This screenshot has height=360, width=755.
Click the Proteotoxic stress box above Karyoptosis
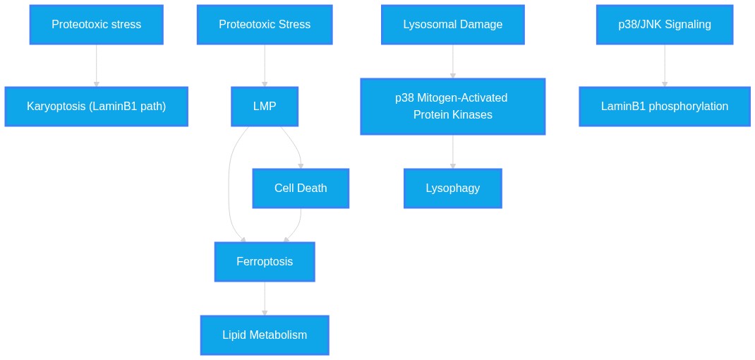click(96, 25)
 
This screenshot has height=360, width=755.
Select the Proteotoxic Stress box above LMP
click(265, 25)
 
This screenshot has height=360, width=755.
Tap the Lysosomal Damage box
click(452, 25)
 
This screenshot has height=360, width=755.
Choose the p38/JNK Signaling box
click(665, 25)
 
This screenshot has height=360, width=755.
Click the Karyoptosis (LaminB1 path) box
click(96, 107)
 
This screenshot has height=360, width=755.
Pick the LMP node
click(265, 107)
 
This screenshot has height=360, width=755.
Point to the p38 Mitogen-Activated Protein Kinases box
click(452, 107)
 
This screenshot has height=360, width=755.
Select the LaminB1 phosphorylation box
click(665, 107)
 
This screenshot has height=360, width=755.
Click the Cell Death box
click(301, 188)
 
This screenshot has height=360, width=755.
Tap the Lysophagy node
click(452, 188)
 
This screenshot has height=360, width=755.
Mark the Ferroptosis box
click(265, 262)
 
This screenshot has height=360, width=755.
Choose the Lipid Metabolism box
click(265, 335)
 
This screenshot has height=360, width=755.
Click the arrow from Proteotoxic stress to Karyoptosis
click(96, 66)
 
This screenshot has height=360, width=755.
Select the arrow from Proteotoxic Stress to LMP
click(265, 66)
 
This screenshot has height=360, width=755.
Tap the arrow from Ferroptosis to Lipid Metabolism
click(265, 299)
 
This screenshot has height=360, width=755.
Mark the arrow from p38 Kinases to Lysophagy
click(452, 151)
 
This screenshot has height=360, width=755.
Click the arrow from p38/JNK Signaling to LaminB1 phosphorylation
click(665, 66)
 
